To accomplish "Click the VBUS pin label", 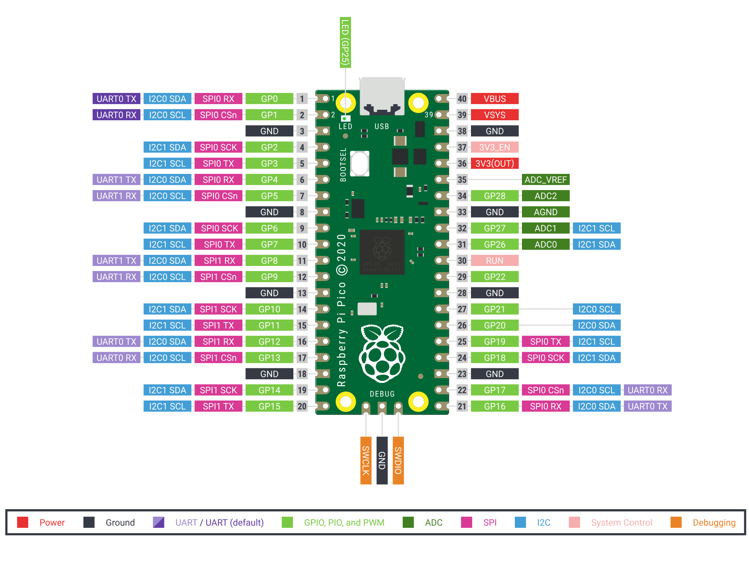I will click(x=495, y=99).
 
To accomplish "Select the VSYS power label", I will click(x=495, y=115).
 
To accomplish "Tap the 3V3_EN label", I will click(x=495, y=147).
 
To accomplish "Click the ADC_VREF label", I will click(x=546, y=180).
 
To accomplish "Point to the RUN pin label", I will click(x=495, y=261).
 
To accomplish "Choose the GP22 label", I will click(x=495, y=277).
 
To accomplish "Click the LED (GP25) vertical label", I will click(x=345, y=42).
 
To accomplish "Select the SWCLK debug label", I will click(x=366, y=460).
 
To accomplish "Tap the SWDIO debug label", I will click(x=398, y=460).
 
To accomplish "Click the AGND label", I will click(x=546, y=212).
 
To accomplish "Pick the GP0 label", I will click(x=269, y=99).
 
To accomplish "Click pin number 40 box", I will click(x=462, y=99).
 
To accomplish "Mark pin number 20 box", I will click(x=302, y=407).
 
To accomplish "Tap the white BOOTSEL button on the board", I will click(x=360, y=163).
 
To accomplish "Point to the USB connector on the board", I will click(x=382, y=96).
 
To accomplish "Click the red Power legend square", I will click(x=23, y=522).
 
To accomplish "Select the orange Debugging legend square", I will click(x=676, y=522).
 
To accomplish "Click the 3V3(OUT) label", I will click(x=495, y=164).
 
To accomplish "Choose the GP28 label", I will click(x=495, y=196).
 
